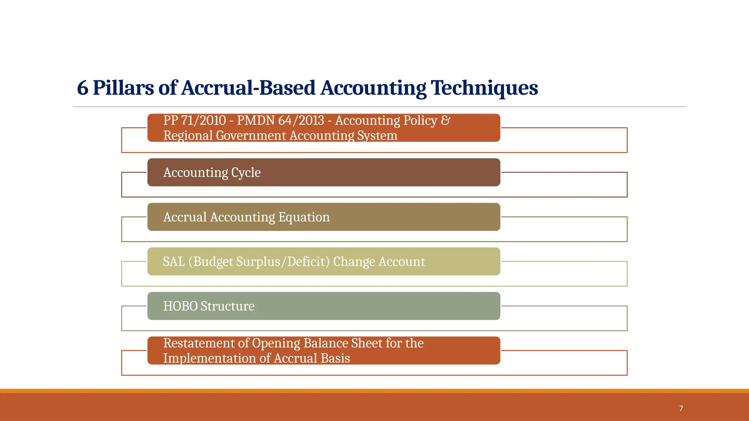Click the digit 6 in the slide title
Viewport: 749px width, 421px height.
(x=83, y=88)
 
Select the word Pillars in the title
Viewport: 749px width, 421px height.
(x=123, y=88)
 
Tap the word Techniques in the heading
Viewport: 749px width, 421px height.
(x=484, y=88)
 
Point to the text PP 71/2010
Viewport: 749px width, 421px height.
(x=195, y=120)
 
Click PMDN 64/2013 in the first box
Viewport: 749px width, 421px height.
(x=281, y=120)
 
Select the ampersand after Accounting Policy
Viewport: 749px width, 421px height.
(x=445, y=120)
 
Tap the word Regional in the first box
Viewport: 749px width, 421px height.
(x=188, y=136)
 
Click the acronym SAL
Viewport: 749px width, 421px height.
(x=174, y=262)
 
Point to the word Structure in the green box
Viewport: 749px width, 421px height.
(x=227, y=306)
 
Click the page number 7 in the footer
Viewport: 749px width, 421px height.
(x=681, y=409)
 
